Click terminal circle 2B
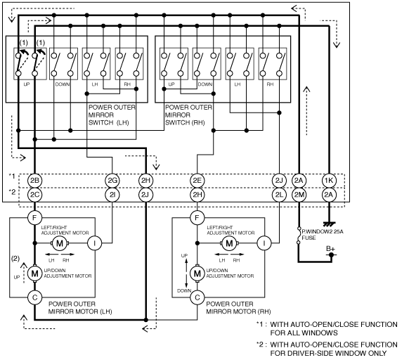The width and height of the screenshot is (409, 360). [x=34, y=181]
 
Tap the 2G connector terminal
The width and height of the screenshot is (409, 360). [x=112, y=181]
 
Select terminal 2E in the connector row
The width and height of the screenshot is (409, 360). [x=197, y=181]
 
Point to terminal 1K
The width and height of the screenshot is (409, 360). [x=329, y=181]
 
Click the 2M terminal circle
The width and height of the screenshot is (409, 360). [x=299, y=195]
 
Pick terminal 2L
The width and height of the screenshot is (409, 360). [x=279, y=195]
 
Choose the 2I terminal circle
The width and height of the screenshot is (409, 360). [x=112, y=195]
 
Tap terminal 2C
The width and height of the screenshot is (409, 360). [x=34, y=195]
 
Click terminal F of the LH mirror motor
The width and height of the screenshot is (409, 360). [x=34, y=217]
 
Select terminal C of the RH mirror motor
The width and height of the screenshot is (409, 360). [x=197, y=297]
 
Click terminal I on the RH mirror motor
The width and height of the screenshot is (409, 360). [x=264, y=243]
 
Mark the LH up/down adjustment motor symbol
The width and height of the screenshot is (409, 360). [x=34, y=274]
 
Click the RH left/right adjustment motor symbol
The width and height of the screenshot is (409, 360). [x=229, y=243]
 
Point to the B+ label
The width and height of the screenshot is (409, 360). [x=330, y=248]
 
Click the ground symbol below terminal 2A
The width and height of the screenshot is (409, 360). [x=329, y=224]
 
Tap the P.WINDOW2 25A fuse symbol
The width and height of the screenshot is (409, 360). [x=299, y=236]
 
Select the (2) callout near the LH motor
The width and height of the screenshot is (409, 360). [x=15, y=259]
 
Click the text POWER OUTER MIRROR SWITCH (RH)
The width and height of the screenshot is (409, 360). [x=188, y=115]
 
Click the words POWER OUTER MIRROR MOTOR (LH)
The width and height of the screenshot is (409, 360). [x=80, y=308]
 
